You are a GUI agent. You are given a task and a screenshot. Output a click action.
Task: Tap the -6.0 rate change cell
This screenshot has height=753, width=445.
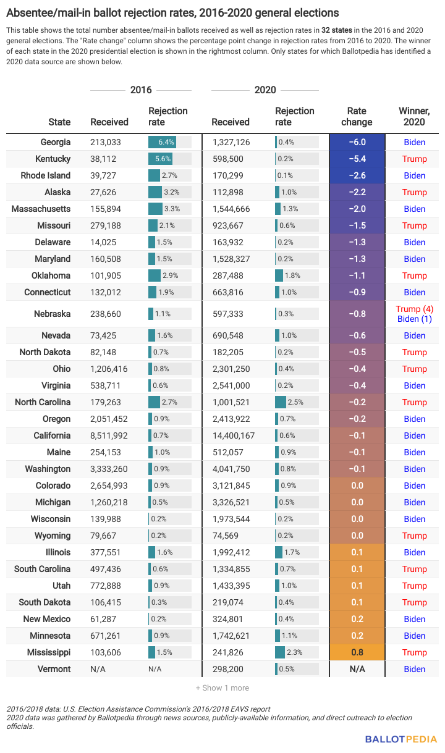357,142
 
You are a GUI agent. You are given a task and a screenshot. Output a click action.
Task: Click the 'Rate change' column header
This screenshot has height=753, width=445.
357,116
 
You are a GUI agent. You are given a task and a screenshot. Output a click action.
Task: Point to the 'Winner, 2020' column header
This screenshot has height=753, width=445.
414,116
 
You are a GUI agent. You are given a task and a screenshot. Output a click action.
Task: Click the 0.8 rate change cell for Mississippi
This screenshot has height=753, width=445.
357,652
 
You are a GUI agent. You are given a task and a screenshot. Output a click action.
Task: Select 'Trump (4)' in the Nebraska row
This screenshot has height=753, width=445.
414,308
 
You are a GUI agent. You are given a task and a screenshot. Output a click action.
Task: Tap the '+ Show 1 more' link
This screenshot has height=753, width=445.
222,688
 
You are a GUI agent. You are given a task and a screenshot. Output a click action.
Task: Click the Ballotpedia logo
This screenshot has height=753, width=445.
400,739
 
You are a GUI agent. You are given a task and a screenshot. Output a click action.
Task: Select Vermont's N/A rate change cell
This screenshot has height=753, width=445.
357,669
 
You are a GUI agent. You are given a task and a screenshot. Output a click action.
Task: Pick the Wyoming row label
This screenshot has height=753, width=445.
53,536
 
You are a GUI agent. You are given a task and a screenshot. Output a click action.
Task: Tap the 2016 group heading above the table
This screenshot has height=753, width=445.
141,90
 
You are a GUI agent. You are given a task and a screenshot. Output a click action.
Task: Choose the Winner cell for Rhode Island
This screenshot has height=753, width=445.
414,175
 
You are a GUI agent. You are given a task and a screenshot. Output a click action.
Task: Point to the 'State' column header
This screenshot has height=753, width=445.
59,122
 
